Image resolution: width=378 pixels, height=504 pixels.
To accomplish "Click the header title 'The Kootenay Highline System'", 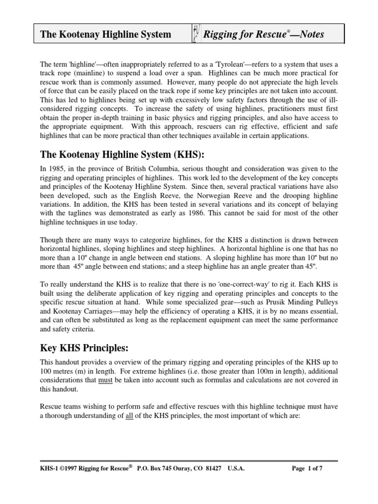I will coord(105,34).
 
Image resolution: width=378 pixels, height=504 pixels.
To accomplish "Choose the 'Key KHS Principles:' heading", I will coord(85,348).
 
